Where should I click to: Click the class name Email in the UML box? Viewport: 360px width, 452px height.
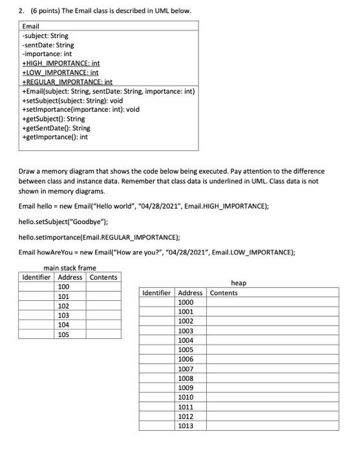pyautogui.click(x=32, y=26)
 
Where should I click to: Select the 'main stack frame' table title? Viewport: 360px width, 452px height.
pyautogui.click(x=69, y=268)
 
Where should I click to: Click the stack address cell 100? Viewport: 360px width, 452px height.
pyautogui.click(x=64, y=287)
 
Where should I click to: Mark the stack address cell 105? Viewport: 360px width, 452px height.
pyautogui.click(x=64, y=335)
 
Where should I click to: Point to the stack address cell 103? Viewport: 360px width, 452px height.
pyautogui.click(x=64, y=316)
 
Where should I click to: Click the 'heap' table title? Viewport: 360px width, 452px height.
pyautogui.click(x=238, y=283)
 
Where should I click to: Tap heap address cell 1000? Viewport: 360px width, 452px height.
pyautogui.click(x=186, y=302)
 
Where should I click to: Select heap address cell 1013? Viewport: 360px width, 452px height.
pyautogui.click(x=186, y=426)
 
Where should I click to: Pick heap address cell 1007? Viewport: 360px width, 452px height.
pyautogui.click(x=186, y=369)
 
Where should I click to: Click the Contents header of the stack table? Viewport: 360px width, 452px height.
pyautogui.click(x=103, y=277)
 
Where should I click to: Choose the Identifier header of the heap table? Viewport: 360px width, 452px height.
pyautogui.click(x=156, y=293)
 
